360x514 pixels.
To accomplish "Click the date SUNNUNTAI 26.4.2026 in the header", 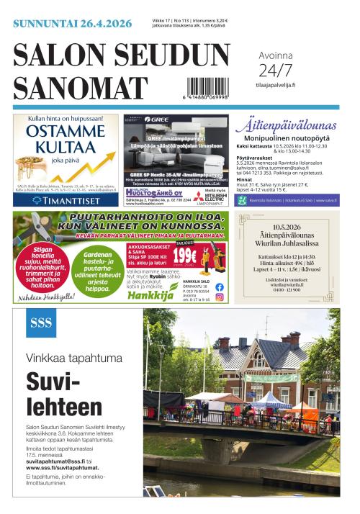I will click(x=72, y=24).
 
